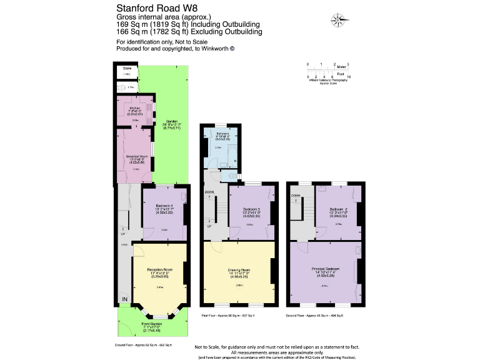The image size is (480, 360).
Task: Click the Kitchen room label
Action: point(136,108)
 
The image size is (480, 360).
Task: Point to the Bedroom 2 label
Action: point(339,209)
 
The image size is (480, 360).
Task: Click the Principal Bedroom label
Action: point(325,269)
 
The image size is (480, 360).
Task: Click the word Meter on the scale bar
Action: point(341,66)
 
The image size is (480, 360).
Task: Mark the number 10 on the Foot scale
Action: point(348,76)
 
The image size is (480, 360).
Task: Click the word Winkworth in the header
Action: point(211,49)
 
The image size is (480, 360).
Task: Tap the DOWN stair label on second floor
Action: point(295,196)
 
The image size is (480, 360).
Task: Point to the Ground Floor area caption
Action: point(144,344)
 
